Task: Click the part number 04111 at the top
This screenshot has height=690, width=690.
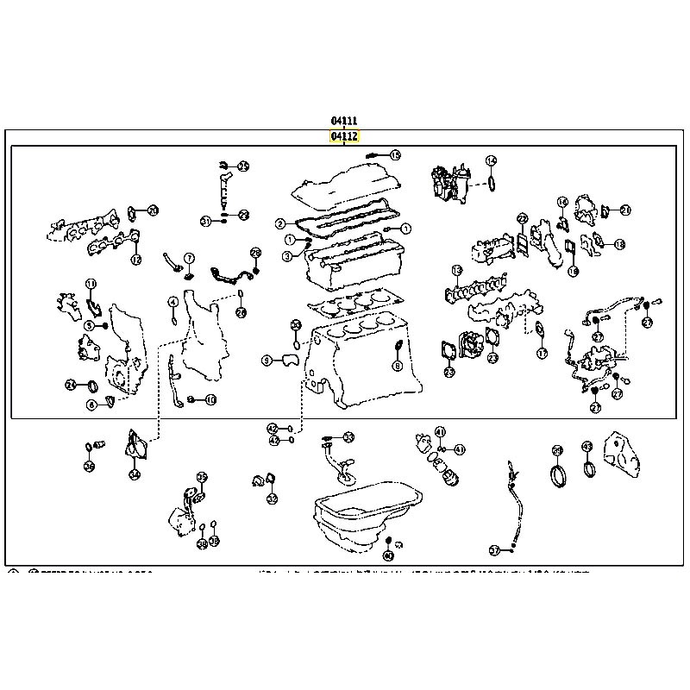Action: (x=343, y=121)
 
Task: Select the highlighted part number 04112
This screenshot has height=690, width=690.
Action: (x=343, y=136)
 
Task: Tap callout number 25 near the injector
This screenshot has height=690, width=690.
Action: (x=243, y=166)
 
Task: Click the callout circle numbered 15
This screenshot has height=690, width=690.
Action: (x=395, y=155)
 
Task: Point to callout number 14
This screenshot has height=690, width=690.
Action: (x=491, y=160)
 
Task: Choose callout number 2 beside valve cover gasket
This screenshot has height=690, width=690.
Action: (x=280, y=224)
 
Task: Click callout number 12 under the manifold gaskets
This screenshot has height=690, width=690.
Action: (x=135, y=260)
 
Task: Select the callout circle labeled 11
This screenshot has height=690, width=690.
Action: (x=91, y=285)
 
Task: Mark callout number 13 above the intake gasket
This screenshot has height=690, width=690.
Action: (x=457, y=271)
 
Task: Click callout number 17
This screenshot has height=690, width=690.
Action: (x=541, y=354)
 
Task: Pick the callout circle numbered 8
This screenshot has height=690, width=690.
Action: (x=398, y=367)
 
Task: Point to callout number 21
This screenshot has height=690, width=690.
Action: (x=625, y=210)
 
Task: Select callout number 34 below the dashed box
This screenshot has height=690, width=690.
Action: (x=134, y=474)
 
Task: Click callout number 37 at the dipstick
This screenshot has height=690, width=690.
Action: (x=494, y=549)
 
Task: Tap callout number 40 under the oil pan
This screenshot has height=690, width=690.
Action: (x=387, y=556)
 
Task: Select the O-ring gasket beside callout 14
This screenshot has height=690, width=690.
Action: (x=490, y=183)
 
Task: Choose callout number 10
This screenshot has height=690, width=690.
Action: (x=210, y=399)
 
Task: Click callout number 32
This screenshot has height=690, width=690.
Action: (x=272, y=499)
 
